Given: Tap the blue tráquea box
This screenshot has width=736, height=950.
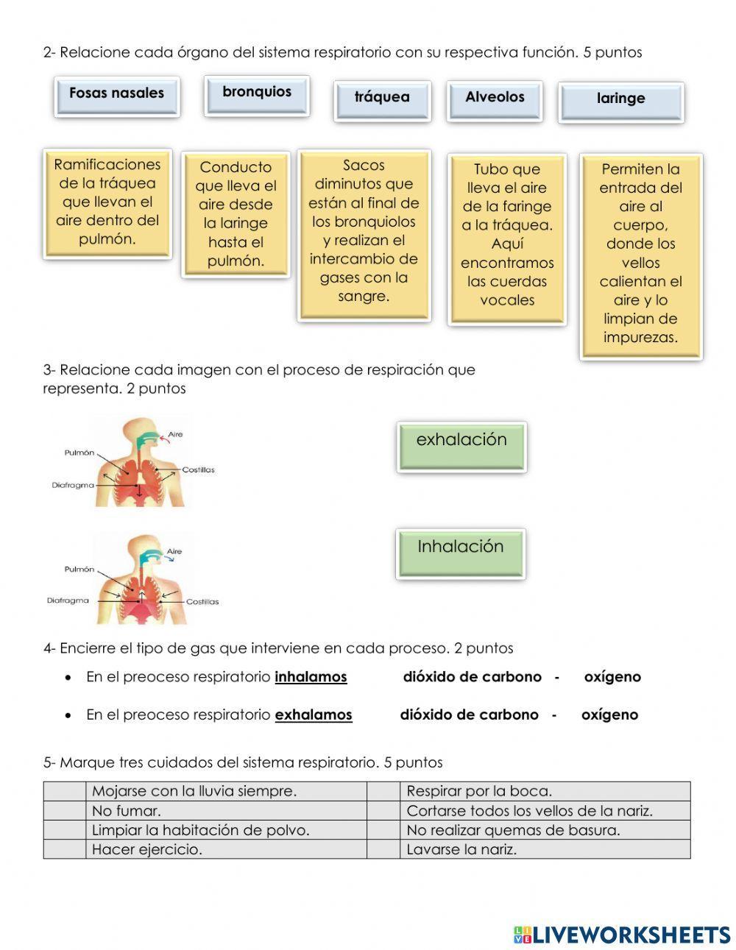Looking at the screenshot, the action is pyautogui.click(x=382, y=100).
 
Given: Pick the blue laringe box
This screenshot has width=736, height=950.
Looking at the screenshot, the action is pyautogui.click(x=621, y=102).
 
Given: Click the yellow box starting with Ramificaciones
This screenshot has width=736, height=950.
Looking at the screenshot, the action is pyautogui.click(x=107, y=202).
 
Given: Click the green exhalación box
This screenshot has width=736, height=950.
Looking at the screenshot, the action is pyautogui.click(x=461, y=445).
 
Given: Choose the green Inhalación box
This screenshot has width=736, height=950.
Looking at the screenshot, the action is pyautogui.click(x=460, y=552).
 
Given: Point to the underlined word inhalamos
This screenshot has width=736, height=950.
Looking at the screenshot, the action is pyautogui.click(x=311, y=677).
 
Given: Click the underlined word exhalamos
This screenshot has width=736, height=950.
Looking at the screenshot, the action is pyautogui.click(x=314, y=715).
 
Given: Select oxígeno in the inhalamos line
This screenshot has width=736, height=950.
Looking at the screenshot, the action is pyautogui.click(x=612, y=677).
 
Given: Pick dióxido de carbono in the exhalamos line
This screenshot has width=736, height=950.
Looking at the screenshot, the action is pyautogui.click(x=469, y=715).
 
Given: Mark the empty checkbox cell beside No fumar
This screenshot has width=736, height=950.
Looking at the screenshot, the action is pyautogui.click(x=65, y=811).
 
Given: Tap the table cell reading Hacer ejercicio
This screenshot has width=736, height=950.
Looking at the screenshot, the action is pyautogui.click(x=227, y=849).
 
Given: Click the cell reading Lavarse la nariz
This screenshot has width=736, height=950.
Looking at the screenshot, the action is pyautogui.click(x=545, y=849).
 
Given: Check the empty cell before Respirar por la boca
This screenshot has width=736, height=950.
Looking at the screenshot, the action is pyautogui.click(x=383, y=792).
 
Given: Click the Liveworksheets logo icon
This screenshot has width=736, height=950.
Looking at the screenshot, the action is pyautogui.click(x=523, y=935).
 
